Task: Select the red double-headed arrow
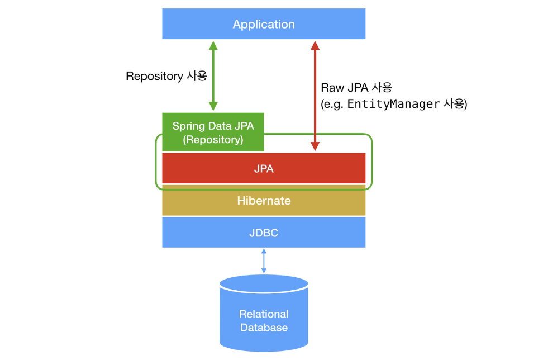click(315, 95)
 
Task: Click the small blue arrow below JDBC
click(264, 261)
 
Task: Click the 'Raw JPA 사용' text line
click(356, 88)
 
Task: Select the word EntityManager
click(393, 104)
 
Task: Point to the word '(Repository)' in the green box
click(213, 140)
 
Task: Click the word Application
click(264, 25)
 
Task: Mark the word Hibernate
click(264, 201)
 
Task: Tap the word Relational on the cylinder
click(264, 314)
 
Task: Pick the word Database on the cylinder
click(264, 328)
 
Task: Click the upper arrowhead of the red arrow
click(315, 45)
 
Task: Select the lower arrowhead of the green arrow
click(213, 106)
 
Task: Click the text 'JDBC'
click(264, 233)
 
